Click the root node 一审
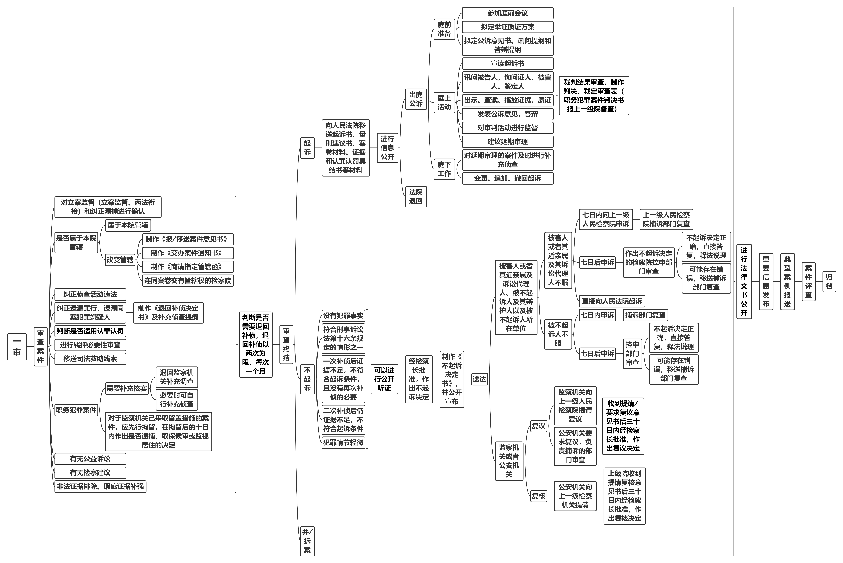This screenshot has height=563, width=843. coord(17,346)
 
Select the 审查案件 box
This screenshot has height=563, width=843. coord(41,346)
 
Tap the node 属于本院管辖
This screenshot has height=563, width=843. coord(128,225)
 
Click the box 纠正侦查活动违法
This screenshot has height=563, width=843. coord(90,294)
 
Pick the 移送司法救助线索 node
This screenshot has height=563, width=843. coord(90,359)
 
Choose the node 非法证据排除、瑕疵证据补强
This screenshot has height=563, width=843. coord(100,486)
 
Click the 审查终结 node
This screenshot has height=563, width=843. coord(286,344)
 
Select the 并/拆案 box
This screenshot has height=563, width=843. coord(307,541)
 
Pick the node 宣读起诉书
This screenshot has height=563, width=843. coord(508,64)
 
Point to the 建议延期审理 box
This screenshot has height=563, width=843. coord(508,141)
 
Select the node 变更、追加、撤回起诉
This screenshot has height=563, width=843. coord(508,178)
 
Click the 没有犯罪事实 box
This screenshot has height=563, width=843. coord(343,316)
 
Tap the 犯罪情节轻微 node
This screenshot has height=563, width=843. coord(343,442)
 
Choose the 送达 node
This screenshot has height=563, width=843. coord(479,379)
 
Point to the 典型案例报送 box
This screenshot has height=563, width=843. coord(787,281)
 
